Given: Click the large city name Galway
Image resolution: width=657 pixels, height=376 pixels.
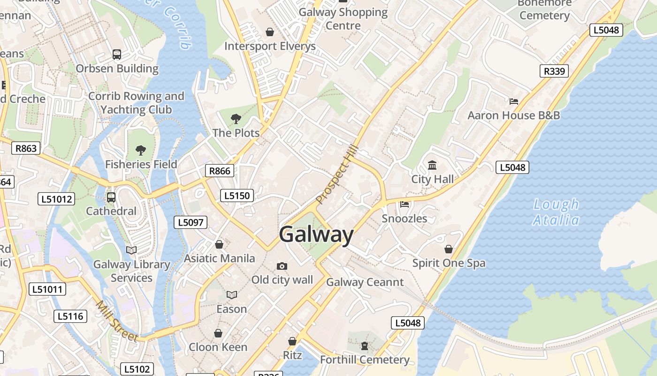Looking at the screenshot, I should tap(316, 234).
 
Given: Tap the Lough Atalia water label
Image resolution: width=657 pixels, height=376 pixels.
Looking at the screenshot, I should tap(556, 212).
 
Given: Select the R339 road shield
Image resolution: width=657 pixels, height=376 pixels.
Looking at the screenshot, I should tap(554, 71).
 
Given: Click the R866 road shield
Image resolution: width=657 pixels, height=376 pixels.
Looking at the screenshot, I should tap(220, 171).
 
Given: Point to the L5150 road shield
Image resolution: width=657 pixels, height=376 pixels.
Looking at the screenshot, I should tap(237, 196).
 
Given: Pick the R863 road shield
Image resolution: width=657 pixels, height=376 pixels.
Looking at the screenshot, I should tap(26, 149).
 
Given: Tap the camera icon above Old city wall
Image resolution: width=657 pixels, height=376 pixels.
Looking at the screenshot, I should tap(282, 266).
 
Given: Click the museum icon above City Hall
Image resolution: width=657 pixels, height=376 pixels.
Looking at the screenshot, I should tap(432, 165).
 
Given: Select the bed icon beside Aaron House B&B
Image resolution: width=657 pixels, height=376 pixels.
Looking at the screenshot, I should tap(514, 101).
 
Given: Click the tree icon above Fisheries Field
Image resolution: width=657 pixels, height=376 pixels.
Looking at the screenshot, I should tap(141, 150).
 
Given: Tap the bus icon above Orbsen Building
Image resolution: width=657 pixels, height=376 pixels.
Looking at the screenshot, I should tap(117, 55).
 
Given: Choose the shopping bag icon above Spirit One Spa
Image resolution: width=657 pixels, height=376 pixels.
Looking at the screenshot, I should tap(449, 249).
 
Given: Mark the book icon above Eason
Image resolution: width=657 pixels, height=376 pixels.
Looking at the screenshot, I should tap(231, 295).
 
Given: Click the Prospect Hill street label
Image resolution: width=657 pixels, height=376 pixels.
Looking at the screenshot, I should tap(337, 174).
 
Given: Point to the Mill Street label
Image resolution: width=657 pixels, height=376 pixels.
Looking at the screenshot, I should tap(117, 321).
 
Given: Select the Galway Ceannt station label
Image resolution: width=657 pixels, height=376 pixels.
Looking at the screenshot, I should tap(365, 282).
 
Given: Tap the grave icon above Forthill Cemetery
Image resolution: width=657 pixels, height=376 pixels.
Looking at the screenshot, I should tap(365, 346).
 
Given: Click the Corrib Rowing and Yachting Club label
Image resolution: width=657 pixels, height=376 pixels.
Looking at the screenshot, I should tap(136, 103).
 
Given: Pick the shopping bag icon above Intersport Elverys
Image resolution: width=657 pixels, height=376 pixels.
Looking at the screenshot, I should tap(270, 32).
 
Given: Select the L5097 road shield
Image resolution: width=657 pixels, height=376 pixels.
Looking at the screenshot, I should tap(191, 222).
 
